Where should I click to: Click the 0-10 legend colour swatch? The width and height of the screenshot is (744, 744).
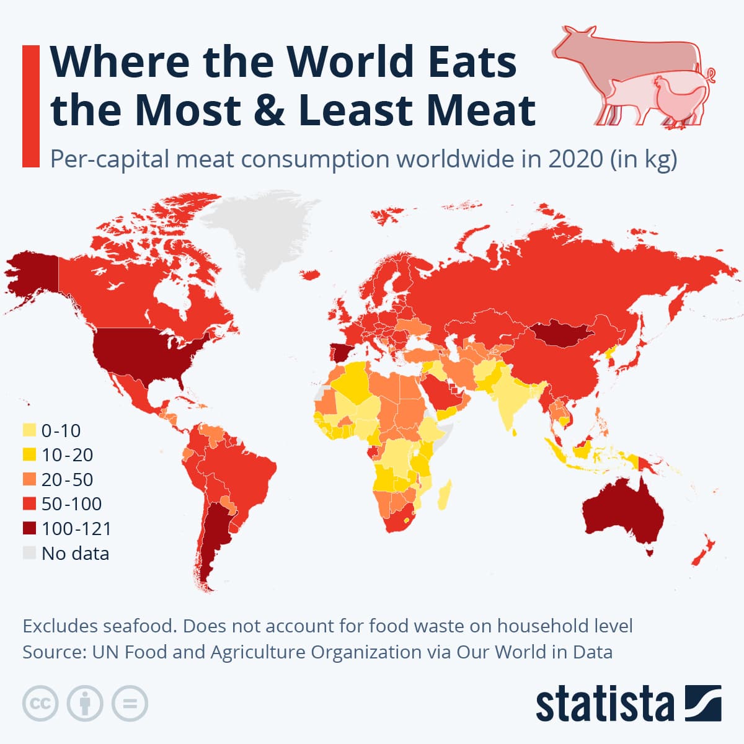point(29,430)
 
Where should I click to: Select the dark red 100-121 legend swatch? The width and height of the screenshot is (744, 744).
point(29,528)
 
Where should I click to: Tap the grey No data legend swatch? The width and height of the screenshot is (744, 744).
point(29,553)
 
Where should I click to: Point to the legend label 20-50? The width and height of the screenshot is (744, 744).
point(67,479)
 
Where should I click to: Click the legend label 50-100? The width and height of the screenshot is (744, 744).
point(72,503)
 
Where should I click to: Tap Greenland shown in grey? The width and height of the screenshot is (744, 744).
point(260,236)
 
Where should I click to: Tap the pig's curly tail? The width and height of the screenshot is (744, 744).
point(710,75)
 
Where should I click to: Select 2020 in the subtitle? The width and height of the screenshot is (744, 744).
point(575,159)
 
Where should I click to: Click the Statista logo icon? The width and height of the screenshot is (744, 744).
point(703,703)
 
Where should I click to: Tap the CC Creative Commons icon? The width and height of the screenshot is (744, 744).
point(40,704)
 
